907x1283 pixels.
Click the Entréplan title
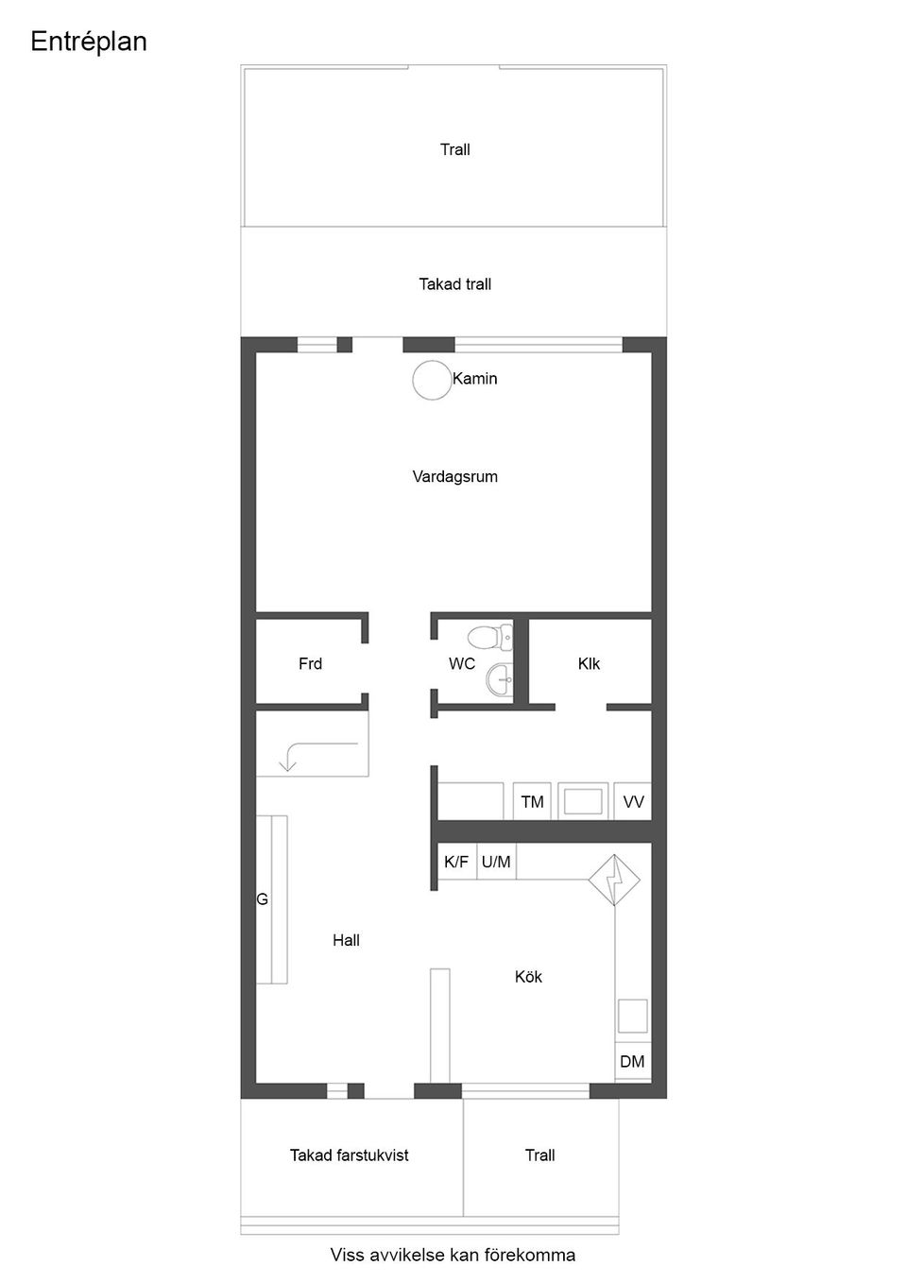click(x=89, y=43)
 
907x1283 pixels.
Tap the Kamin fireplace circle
click(x=432, y=380)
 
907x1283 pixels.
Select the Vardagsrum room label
click(x=454, y=477)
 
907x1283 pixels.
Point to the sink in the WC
click(x=500, y=677)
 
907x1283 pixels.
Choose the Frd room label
click(x=310, y=664)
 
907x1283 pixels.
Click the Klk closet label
click(x=589, y=664)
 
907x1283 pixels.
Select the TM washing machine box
click(x=532, y=802)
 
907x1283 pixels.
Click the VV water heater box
click(x=633, y=802)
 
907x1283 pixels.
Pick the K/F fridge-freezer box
click(x=456, y=862)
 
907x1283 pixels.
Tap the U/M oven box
click(x=496, y=862)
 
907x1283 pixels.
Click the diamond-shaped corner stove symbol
click(x=614, y=881)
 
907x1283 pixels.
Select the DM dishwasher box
click(x=632, y=1062)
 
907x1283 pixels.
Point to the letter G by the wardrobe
click(x=263, y=900)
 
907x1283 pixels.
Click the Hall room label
click(x=346, y=940)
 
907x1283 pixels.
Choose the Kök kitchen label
click(x=528, y=977)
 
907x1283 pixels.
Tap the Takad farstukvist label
click(x=349, y=1155)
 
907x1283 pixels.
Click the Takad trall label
click(x=454, y=284)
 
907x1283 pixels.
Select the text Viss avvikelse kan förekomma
click(x=453, y=1256)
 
